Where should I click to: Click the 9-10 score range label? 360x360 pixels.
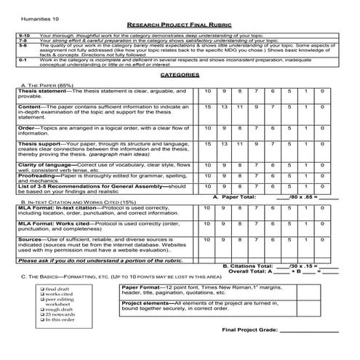click(x=24, y=34)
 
